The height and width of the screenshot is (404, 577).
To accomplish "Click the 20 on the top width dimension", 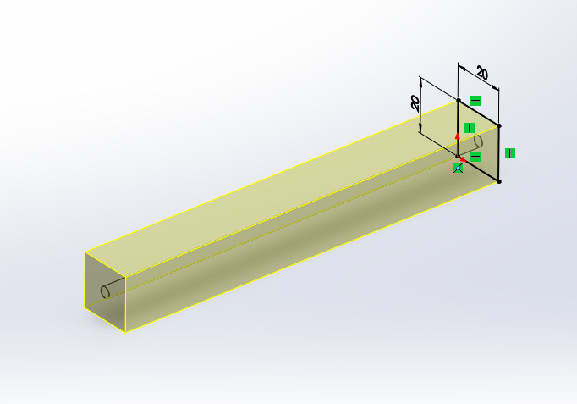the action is click(482, 73).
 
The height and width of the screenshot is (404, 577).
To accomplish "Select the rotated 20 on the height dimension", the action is click(415, 103).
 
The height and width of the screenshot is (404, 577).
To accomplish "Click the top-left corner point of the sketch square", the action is click(459, 100).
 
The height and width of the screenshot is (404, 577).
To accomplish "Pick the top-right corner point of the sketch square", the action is click(499, 126).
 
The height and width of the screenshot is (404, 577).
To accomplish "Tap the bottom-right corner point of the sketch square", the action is click(499, 181).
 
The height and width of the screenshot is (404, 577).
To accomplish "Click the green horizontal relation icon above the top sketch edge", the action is click(475, 101).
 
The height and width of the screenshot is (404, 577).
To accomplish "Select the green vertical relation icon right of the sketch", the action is click(510, 153).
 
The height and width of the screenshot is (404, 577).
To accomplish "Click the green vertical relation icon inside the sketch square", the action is click(470, 128).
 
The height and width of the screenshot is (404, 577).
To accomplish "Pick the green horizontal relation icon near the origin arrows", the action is click(475, 157).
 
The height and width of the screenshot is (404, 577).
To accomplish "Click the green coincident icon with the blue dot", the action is click(458, 168).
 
